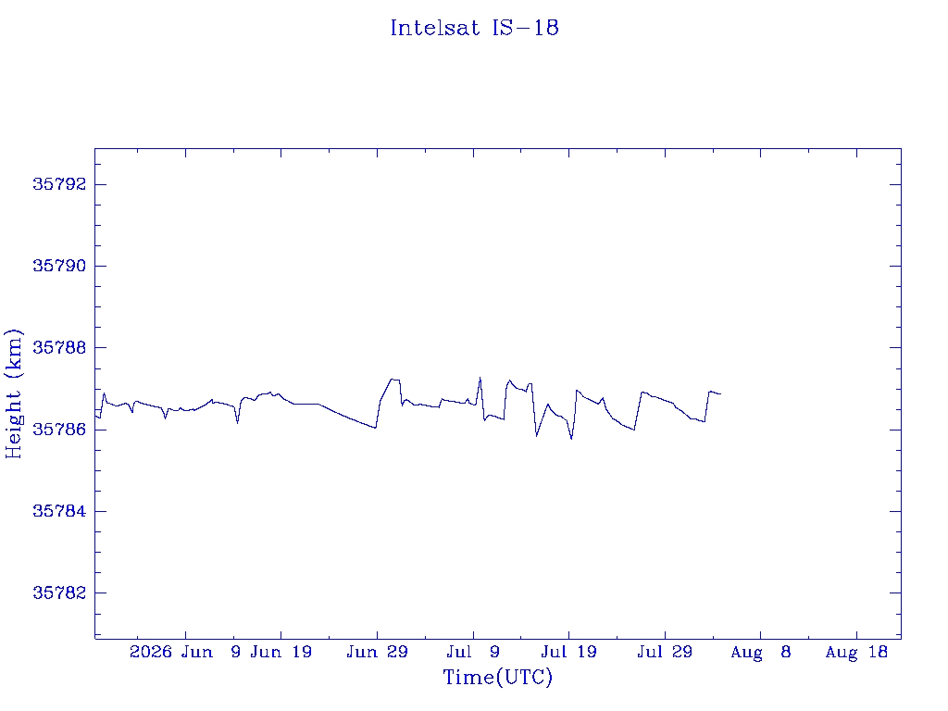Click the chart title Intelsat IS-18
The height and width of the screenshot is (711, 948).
pyautogui.click(x=475, y=28)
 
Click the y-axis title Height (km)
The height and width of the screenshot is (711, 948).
pyautogui.click(x=13, y=393)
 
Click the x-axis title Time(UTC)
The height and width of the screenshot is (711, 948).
pyautogui.click(x=497, y=677)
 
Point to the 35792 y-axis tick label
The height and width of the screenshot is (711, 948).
pyautogui.click(x=60, y=184)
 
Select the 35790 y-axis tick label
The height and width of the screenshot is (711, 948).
pyautogui.click(x=60, y=266)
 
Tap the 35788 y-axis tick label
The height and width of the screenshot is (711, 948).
pyautogui.click(x=60, y=348)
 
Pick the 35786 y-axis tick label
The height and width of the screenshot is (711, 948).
pyautogui.click(x=60, y=430)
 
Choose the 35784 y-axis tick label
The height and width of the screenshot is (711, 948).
pyautogui.click(x=60, y=511)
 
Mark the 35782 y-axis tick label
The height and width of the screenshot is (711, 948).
pyautogui.click(x=60, y=592)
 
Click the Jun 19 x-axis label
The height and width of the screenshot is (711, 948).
pyautogui.click(x=281, y=652)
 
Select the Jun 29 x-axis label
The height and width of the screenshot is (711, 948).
pyautogui.click(x=378, y=652)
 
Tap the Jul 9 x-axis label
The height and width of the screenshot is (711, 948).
pyautogui.click(x=473, y=652)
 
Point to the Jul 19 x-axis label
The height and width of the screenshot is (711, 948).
pyautogui.click(x=569, y=652)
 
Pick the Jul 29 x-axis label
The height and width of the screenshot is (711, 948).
pyautogui.click(x=665, y=652)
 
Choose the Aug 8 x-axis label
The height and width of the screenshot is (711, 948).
pyautogui.click(x=761, y=652)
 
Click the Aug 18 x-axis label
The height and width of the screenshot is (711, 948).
pyautogui.click(x=856, y=652)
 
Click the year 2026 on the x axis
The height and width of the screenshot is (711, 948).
pyautogui.click(x=151, y=652)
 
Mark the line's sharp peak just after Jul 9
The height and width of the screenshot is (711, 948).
pyautogui.click(x=480, y=378)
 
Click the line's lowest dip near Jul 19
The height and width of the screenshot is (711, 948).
pyautogui.click(x=571, y=438)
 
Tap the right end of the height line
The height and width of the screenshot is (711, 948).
pyautogui.click(x=720, y=394)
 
